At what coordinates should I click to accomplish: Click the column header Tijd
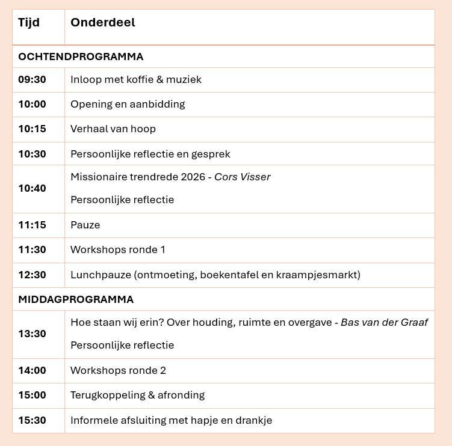29,23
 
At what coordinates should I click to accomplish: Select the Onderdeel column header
103,23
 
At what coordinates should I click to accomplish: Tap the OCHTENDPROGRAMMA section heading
81,57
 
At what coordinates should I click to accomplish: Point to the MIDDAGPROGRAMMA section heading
76,299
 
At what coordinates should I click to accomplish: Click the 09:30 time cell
32,79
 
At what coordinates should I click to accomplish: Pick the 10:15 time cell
32,129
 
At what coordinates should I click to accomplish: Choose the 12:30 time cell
32,275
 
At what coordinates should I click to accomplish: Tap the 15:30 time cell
32,420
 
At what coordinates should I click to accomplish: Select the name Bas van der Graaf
384,322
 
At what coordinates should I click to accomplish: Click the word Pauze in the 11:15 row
85,225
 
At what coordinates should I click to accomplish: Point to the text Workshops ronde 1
118,249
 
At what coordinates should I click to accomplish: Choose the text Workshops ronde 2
118,370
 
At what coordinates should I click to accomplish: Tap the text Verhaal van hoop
113,129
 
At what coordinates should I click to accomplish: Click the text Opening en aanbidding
128,104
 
